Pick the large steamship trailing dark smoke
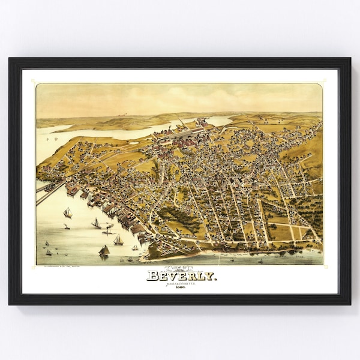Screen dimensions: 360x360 (108, 228)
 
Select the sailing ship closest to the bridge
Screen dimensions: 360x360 (68, 212)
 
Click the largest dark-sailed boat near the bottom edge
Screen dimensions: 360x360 (104, 251)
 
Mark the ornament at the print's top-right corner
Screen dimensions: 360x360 (325, 82)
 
